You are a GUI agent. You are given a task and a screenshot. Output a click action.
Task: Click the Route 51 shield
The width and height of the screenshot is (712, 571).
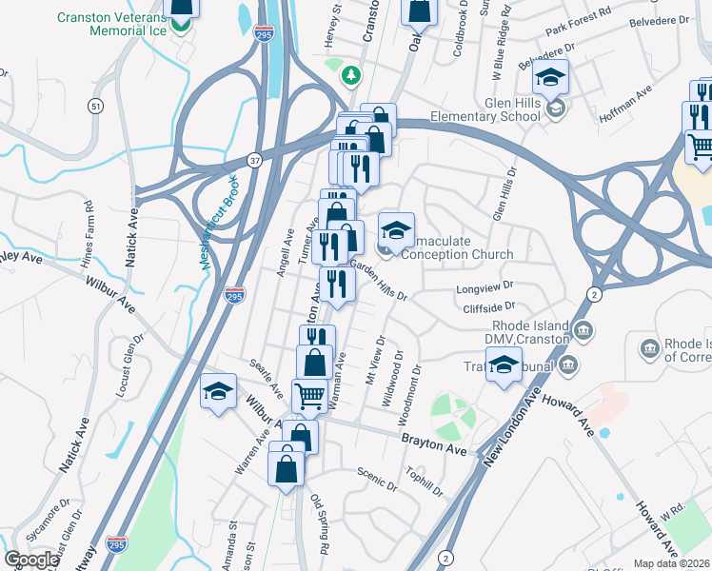[96, 108]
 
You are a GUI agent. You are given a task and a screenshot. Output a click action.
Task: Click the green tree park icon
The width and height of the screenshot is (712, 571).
[351, 73]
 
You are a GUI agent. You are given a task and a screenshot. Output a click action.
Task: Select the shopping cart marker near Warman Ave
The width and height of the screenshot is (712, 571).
[309, 394]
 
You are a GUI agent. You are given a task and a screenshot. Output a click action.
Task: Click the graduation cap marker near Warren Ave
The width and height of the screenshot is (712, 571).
[218, 390]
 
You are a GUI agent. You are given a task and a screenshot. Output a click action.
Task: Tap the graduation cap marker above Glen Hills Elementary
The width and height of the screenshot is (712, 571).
[550, 76]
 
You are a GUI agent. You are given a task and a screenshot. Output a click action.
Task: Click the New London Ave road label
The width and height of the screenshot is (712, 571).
[505, 423]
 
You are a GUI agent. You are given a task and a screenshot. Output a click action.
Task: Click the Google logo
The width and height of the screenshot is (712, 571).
[31, 560]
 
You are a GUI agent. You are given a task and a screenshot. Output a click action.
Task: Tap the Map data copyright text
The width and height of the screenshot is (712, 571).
[672, 563]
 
